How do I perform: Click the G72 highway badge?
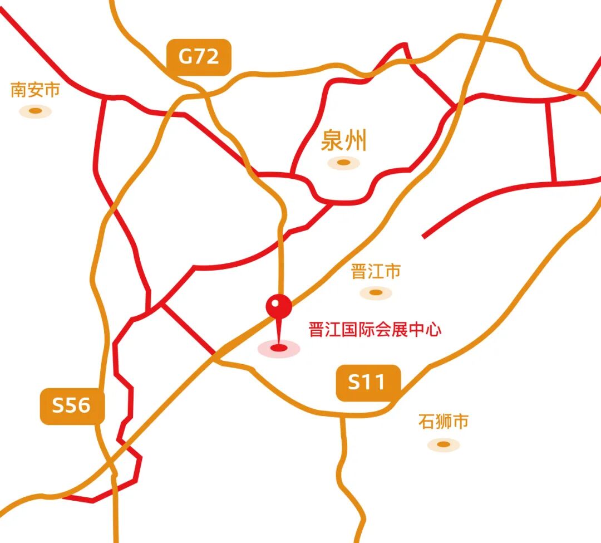(199, 57)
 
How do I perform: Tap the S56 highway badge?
(72, 405)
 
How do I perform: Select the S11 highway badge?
(367, 383)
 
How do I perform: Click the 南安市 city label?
(35, 90)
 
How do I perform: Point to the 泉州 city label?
(344, 141)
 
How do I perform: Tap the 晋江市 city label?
(376, 272)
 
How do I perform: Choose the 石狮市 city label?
(444, 422)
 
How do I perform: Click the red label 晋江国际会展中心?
(375, 330)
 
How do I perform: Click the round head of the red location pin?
(279, 306)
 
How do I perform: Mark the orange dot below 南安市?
(36, 111)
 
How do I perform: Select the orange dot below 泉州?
(344, 163)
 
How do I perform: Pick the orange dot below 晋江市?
(376, 292)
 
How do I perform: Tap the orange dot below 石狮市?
(444, 444)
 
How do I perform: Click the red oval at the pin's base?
(279, 349)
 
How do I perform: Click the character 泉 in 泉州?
(332, 141)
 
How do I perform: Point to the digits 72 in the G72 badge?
(207, 57)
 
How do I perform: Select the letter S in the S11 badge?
(354, 383)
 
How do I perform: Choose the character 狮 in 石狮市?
(444, 422)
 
